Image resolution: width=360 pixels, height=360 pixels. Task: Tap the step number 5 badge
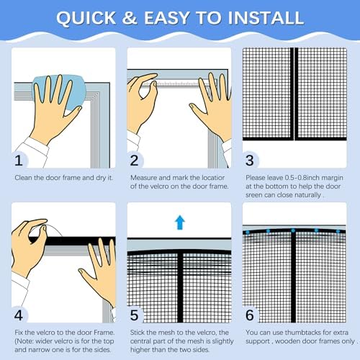(x=136, y=314)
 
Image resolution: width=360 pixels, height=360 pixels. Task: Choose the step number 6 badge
(x=251, y=314)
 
